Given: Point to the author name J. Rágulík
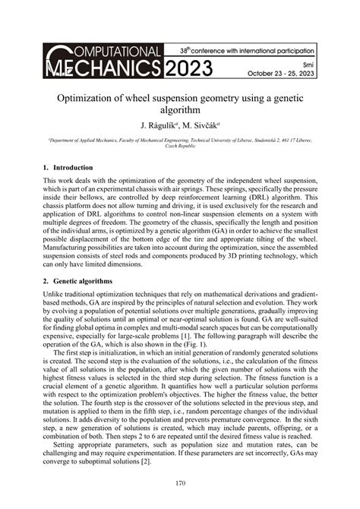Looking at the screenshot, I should pyautogui.click(x=159, y=124).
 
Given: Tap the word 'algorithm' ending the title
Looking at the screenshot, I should pyautogui.click(x=180, y=110).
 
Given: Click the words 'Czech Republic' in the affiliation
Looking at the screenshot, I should pyautogui.click(x=180, y=147).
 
